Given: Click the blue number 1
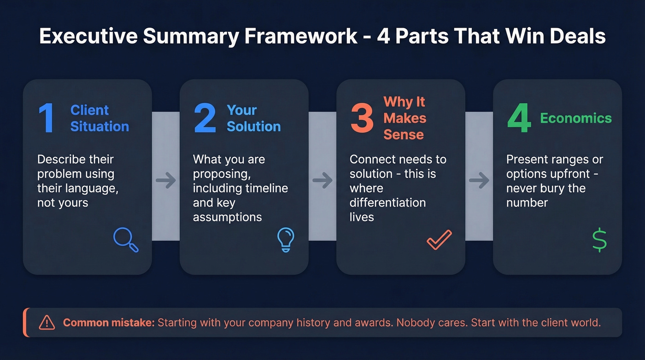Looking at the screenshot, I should pyautogui.click(x=47, y=118).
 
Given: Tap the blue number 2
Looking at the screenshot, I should pyautogui.click(x=205, y=118).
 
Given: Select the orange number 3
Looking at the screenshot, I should pyautogui.click(x=362, y=118).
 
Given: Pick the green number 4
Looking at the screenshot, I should pyautogui.click(x=519, y=118).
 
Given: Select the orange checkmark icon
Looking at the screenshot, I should pyautogui.click(x=439, y=240).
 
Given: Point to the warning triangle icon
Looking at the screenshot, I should pyautogui.click(x=47, y=323).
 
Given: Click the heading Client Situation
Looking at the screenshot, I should pyautogui.click(x=100, y=118).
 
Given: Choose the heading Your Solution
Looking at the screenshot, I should pyautogui.click(x=253, y=118).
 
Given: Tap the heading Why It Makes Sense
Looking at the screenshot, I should pyautogui.click(x=405, y=118).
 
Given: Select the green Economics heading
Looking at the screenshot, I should pyautogui.click(x=576, y=118).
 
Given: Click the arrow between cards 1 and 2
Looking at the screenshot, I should pyautogui.click(x=166, y=181).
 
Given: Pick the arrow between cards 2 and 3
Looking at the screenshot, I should pyautogui.click(x=322, y=181).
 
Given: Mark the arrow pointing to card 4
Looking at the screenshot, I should pyautogui.click(x=479, y=181).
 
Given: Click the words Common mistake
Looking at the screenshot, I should pyautogui.click(x=109, y=323).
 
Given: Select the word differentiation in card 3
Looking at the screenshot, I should pyautogui.click(x=387, y=203).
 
